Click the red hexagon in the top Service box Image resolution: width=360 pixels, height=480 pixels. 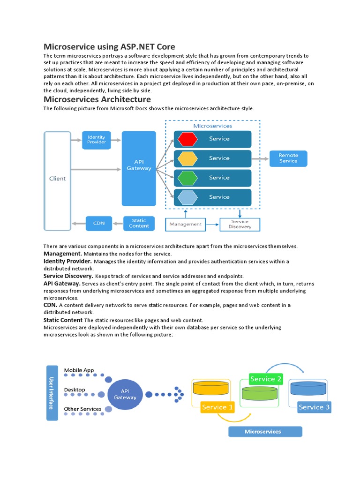tap(187, 139)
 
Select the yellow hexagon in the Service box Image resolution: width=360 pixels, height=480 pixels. tap(187, 158)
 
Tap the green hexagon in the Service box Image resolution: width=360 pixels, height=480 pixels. tap(187, 178)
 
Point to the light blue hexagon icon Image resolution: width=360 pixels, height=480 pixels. tap(187, 197)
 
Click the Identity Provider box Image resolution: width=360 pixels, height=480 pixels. tap(97, 140)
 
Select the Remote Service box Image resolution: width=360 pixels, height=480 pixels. tap(288, 158)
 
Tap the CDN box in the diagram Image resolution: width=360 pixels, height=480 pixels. tap(99, 223)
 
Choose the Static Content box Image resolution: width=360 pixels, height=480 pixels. tap(139, 223)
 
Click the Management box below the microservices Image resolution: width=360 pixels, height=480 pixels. tap(186, 225)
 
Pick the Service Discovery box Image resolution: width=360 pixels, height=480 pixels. tap(240, 225)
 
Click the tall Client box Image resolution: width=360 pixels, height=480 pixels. tap(58, 181)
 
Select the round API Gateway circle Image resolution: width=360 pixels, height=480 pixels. tap(125, 395)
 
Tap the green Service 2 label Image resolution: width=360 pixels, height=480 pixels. tap(266, 379)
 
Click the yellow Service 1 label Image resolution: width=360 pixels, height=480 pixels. tap(217, 407)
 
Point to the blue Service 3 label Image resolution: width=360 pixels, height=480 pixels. tap(314, 407)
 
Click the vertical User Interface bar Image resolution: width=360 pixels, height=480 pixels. tap(52, 393)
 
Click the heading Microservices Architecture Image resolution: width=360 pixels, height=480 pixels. tap(97, 99)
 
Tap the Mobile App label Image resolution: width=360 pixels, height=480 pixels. tap(79, 370)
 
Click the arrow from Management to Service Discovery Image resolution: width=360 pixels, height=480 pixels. tap(212, 225)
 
